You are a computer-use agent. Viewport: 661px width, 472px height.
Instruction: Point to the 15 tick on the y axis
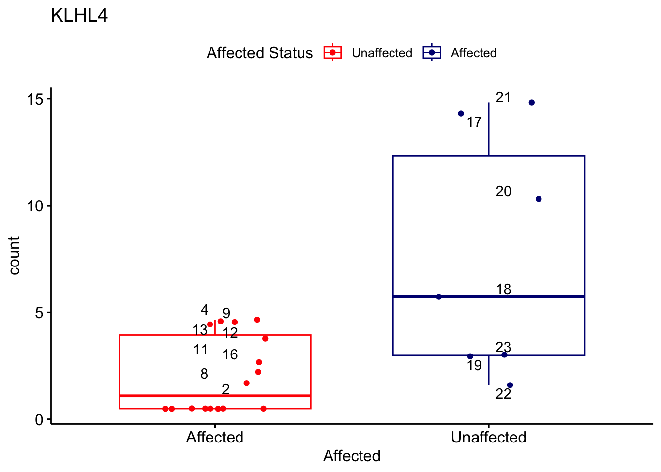(35, 99)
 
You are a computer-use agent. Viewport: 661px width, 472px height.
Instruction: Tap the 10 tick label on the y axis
(35, 206)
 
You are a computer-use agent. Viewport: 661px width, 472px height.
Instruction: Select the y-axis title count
(14, 255)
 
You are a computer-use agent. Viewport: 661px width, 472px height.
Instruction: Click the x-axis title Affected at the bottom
(352, 456)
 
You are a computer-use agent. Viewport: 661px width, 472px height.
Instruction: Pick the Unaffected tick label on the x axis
(488, 437)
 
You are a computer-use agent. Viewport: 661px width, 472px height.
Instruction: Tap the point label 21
(503, 97)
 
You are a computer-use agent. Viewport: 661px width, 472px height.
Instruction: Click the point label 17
(474, 122)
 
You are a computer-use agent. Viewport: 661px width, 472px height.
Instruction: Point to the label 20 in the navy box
(503, 191)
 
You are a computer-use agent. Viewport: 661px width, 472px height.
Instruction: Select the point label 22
(503, 394)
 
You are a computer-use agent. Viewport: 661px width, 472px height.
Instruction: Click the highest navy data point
(531, 102)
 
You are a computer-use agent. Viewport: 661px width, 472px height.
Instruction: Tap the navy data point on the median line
(439, 296)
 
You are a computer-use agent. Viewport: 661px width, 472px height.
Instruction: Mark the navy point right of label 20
(539, 199)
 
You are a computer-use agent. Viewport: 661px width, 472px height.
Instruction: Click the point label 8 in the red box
(204, 374)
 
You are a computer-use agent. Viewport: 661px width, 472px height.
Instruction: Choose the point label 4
(204, 310)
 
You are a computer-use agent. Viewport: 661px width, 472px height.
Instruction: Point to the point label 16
(230, 354)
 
